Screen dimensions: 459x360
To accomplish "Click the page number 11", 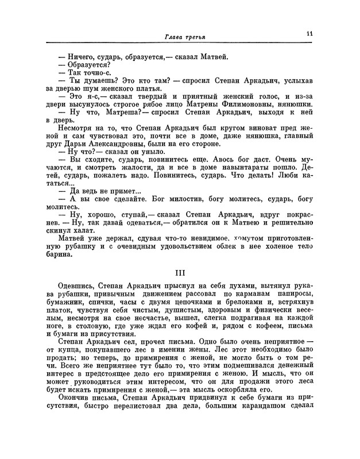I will [x=309, y=34].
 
